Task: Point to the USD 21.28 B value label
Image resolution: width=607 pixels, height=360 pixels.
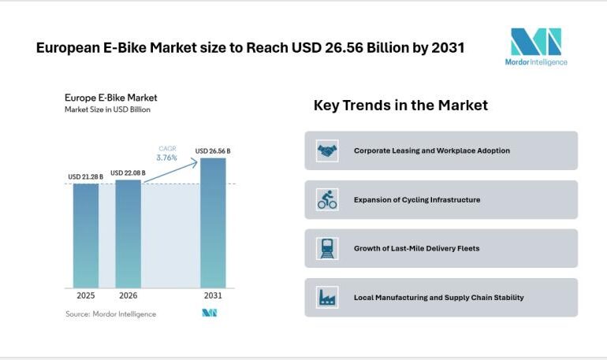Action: click(86, 176)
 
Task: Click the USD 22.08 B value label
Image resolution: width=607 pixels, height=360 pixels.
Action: click(128, 173)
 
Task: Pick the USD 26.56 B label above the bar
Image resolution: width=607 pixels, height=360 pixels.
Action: click(213, 150)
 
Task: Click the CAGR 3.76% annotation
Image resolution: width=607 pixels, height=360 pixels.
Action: click(167, 153)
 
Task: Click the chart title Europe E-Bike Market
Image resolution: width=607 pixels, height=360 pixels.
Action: click(110, 98)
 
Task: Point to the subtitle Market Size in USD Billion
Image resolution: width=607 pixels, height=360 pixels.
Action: click(107, 110)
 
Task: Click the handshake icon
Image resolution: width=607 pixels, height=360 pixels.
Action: click(327, 150)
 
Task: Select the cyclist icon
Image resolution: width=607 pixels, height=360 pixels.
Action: click(327, 200)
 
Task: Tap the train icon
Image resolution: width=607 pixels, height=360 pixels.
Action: click(327, 249)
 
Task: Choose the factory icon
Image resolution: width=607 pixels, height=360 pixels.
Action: click(327, 298)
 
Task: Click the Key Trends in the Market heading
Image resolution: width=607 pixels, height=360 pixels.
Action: click(400, 105)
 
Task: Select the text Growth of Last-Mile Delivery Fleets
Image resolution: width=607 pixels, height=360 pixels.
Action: click(416, 249)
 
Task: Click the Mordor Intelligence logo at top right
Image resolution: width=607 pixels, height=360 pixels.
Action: click(536, 46)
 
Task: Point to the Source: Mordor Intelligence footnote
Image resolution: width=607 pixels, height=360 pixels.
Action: click(110, 314)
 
